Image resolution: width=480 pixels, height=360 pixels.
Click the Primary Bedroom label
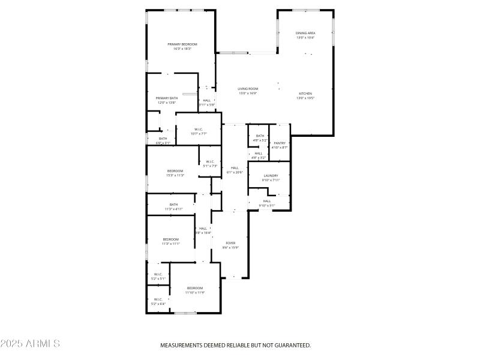182,44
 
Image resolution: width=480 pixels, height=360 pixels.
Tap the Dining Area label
305,33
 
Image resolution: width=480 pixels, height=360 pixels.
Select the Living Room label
247,89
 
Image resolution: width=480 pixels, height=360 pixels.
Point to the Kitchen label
305,94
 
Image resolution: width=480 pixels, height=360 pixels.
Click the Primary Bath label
167,98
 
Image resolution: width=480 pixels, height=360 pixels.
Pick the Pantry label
280,143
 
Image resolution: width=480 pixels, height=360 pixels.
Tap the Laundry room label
271,176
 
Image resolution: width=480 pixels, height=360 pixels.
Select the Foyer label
230,243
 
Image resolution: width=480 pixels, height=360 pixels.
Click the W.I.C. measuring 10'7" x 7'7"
198,130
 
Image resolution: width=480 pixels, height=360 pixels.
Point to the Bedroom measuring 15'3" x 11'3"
175,171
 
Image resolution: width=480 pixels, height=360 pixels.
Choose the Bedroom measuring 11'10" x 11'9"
195,288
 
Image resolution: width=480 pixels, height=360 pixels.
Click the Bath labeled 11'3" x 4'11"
173,205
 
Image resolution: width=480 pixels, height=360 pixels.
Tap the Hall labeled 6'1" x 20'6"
234,167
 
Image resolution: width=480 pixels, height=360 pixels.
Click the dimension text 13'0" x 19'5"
305,98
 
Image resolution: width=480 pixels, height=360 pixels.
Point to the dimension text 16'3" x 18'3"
182,49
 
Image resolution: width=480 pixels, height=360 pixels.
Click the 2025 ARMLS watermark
30,344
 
